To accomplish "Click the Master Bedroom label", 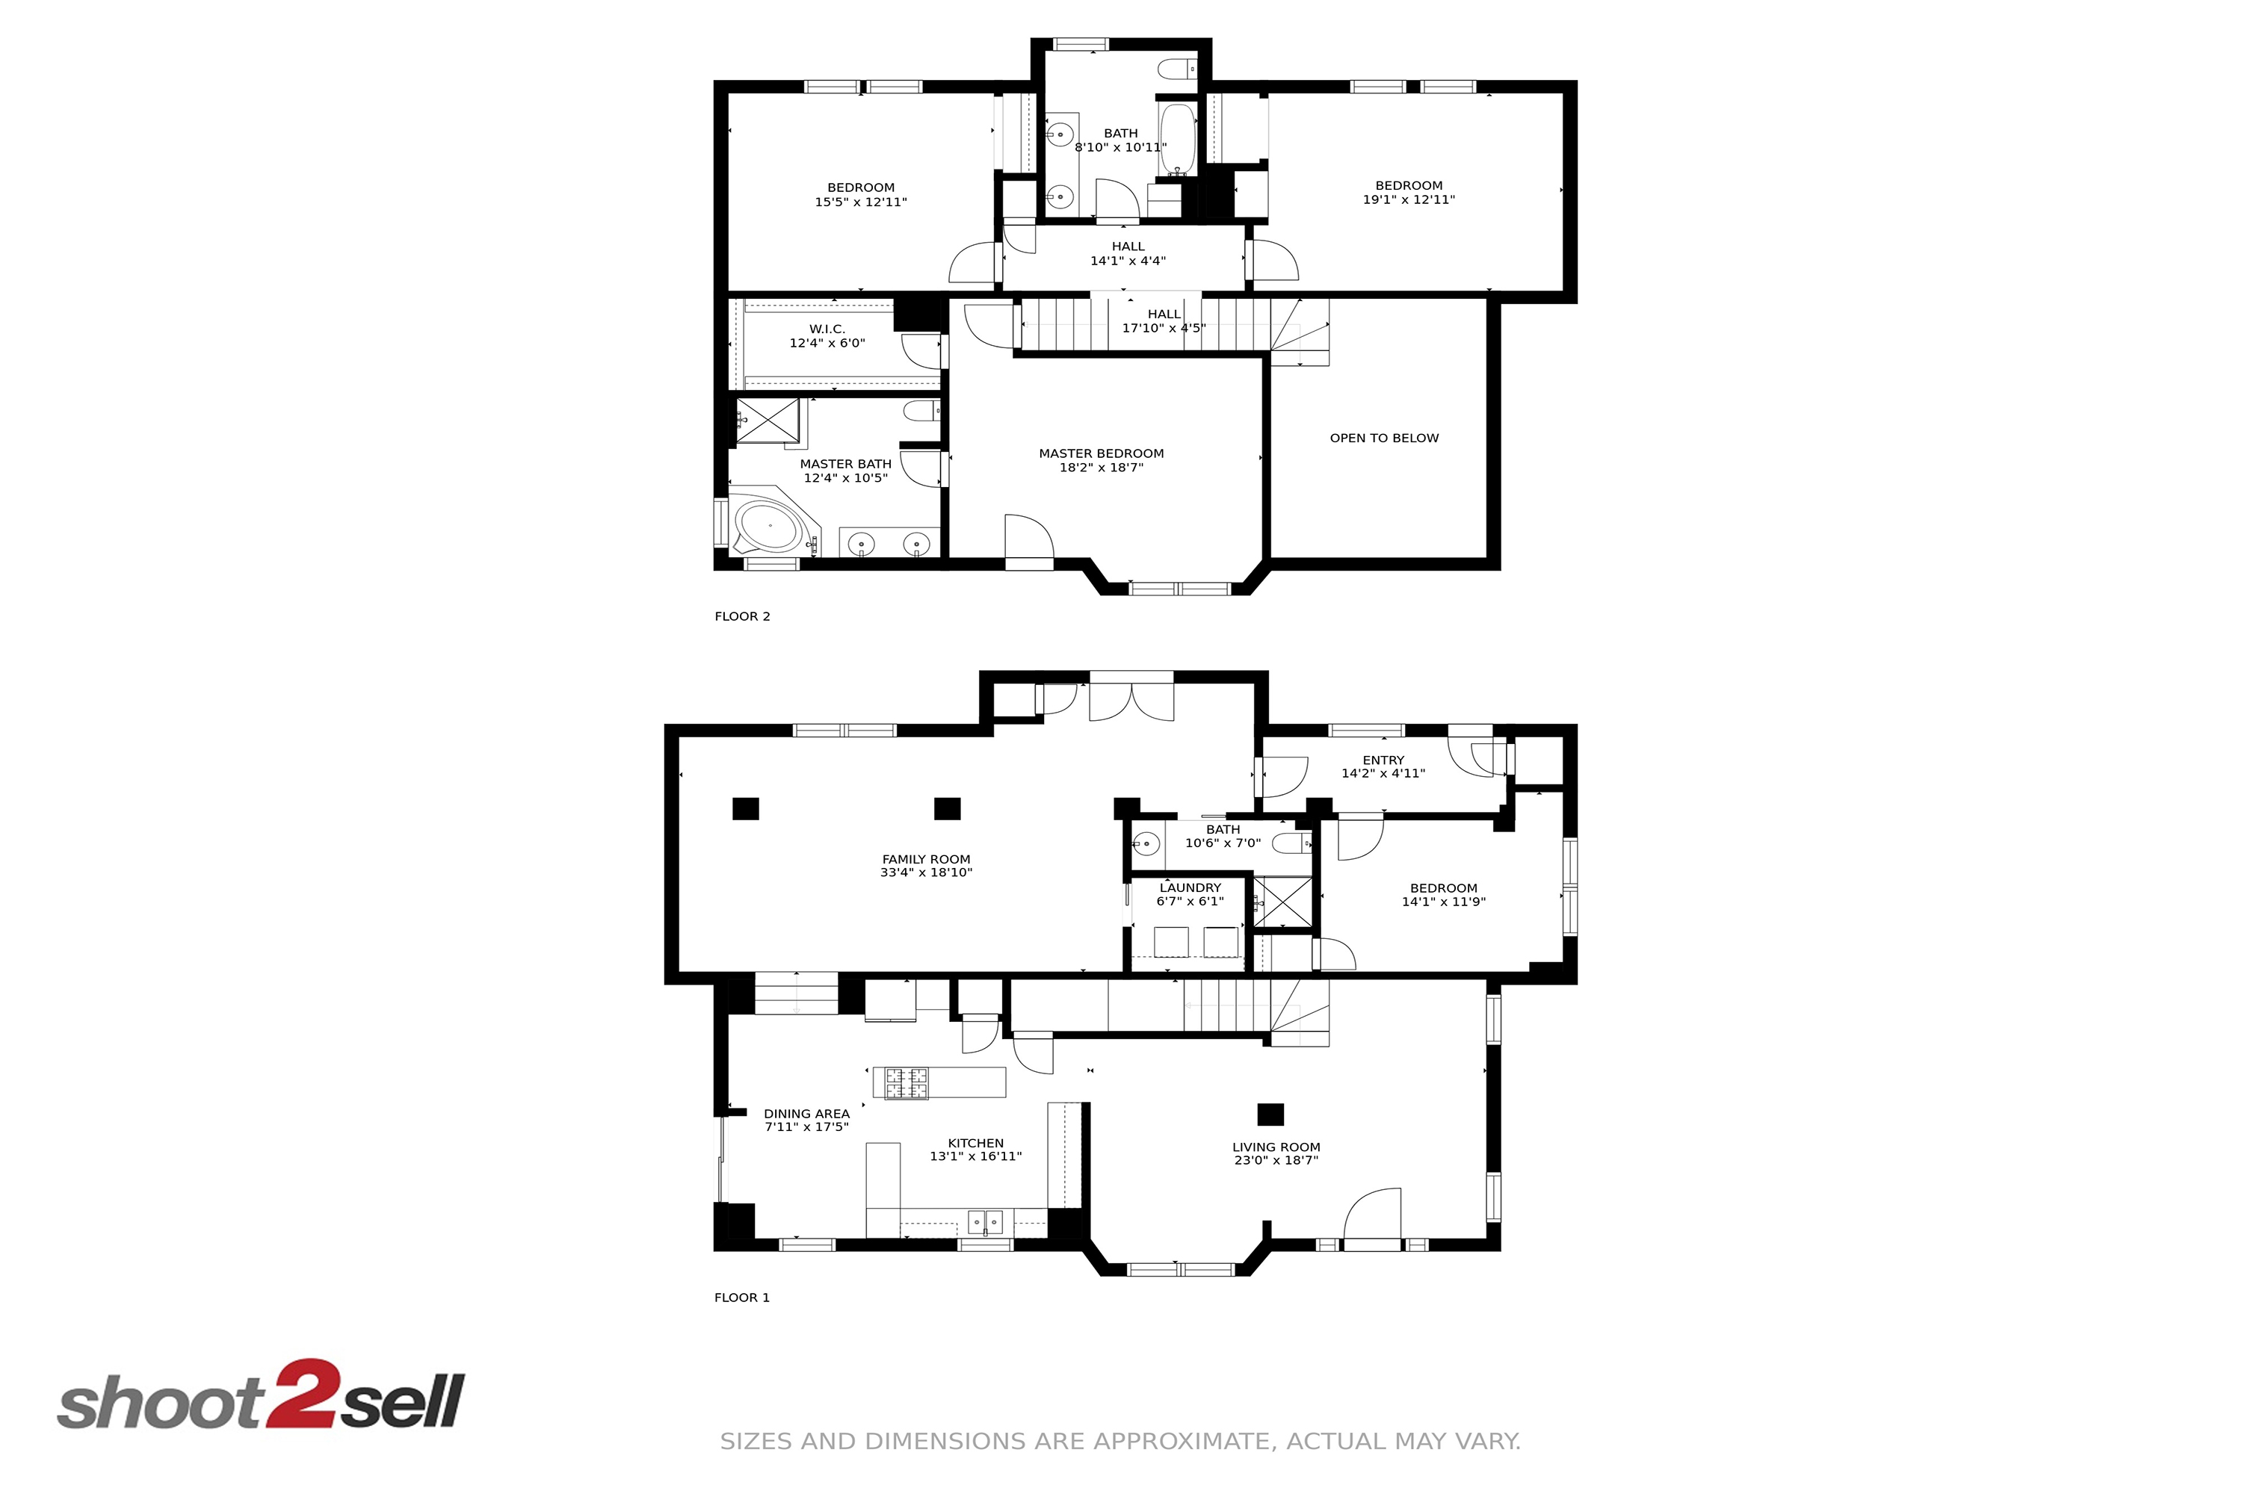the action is point(1101,453).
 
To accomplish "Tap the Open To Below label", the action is point(1384,438).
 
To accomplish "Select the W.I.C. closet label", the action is point(827,329).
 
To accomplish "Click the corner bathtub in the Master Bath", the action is point(771,526).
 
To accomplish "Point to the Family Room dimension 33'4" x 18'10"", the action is point(927,872).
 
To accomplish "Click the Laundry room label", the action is point(1191,888).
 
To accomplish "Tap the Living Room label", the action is point(1276,1147).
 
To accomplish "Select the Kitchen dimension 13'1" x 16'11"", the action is point(976,1156).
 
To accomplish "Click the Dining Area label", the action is point(806,1114).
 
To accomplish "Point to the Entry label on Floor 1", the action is point(1383,760).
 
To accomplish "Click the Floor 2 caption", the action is point(743,616).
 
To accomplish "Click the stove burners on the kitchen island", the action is point(907,1083).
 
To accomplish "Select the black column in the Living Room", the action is point(1270,1115).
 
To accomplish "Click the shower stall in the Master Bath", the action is point(768,420).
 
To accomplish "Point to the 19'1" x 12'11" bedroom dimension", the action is point(1409,200).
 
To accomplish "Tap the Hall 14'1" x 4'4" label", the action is point(1128,253).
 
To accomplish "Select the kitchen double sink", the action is point(986,1222).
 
